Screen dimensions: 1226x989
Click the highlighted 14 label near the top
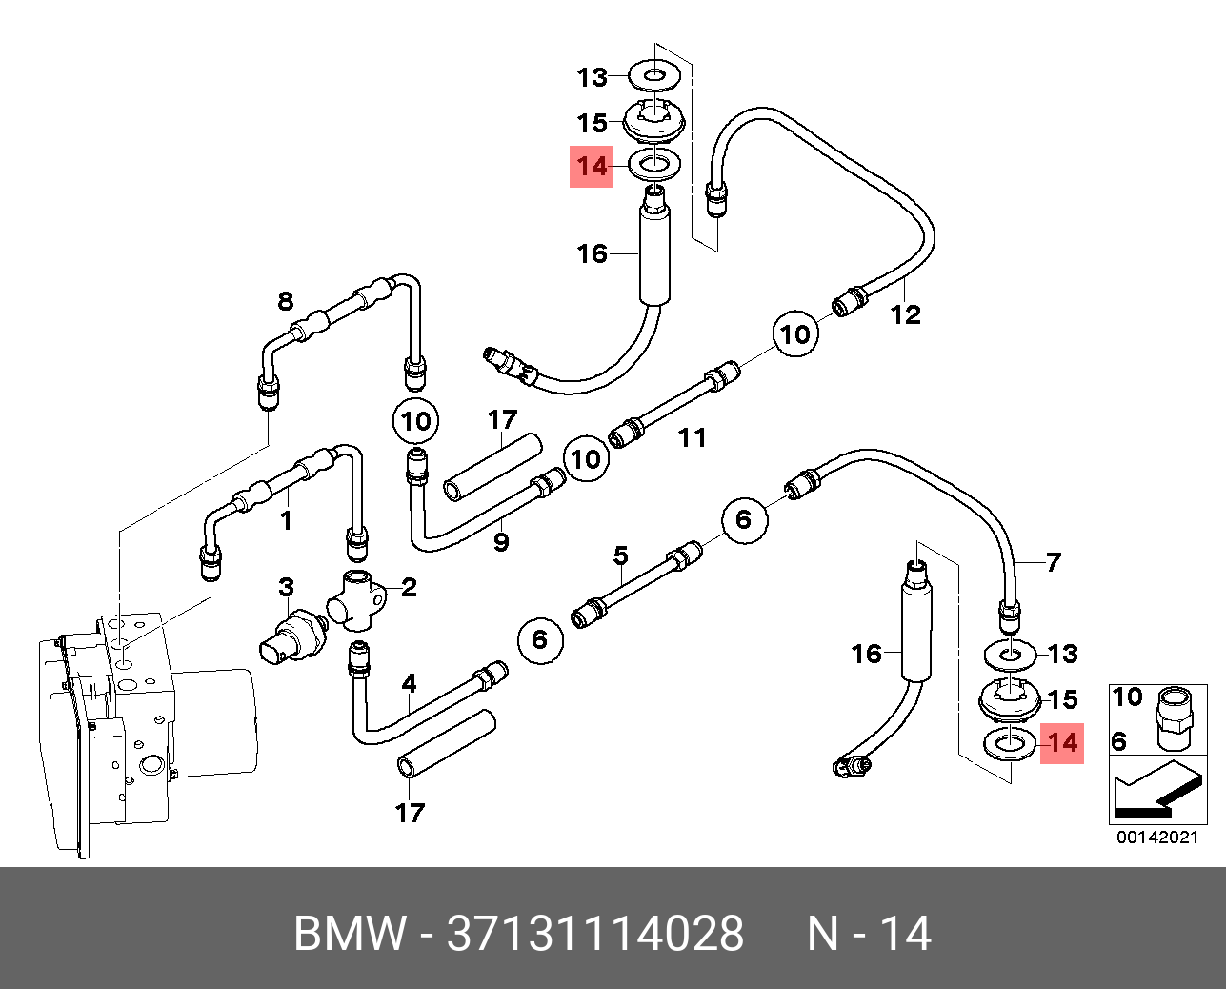coord(592,167)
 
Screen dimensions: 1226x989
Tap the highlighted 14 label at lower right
coord(1062,743)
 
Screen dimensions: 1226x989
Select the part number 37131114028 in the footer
coord(595,933)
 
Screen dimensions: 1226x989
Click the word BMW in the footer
coord(350,933)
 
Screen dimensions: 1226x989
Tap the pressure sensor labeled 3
coord(292,642)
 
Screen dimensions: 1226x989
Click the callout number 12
coord(905,314)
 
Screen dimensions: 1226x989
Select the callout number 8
coord(286,300)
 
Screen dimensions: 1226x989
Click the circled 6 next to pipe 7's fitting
coord(745,519)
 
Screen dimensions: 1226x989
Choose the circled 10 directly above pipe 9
coord(416,421)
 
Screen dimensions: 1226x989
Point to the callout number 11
coord(693,437)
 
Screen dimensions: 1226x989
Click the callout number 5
coord(621,555)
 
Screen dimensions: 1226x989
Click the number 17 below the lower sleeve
coord(410,813)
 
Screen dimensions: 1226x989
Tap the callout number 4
coord(409,683)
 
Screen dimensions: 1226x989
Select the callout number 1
coord(286,520)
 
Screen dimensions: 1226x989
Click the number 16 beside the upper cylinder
coord(593,253)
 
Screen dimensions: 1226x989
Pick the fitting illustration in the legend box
coord(1175,719)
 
